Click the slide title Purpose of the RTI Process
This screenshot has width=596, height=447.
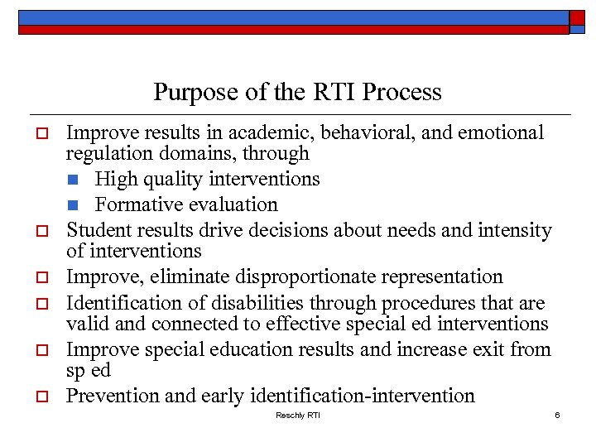point(297,91)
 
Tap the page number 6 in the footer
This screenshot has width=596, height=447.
point(558,414)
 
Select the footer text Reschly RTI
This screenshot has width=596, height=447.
point(297,414)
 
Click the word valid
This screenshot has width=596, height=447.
point(85,324)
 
